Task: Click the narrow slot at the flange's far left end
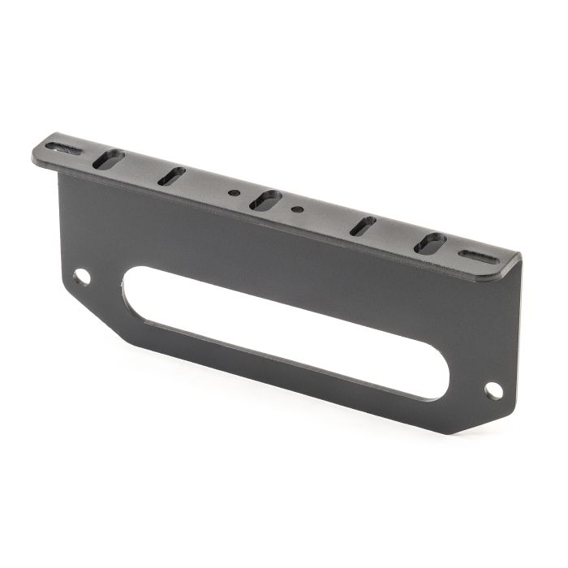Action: coord(63,148)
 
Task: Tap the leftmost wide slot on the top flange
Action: coord(108,159)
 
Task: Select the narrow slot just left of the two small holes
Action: coord(171,175)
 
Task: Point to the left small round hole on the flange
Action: coord(234,193)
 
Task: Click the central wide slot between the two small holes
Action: coord(265,200)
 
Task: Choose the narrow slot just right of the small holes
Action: coord(363,226)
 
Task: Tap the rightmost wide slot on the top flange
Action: coord(430,243)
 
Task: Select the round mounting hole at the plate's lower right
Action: coord(493,390)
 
